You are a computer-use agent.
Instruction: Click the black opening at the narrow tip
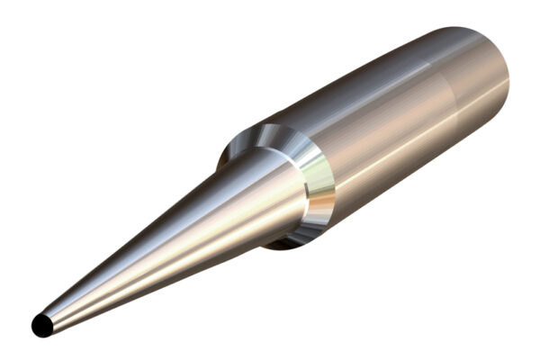click(41, 325)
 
